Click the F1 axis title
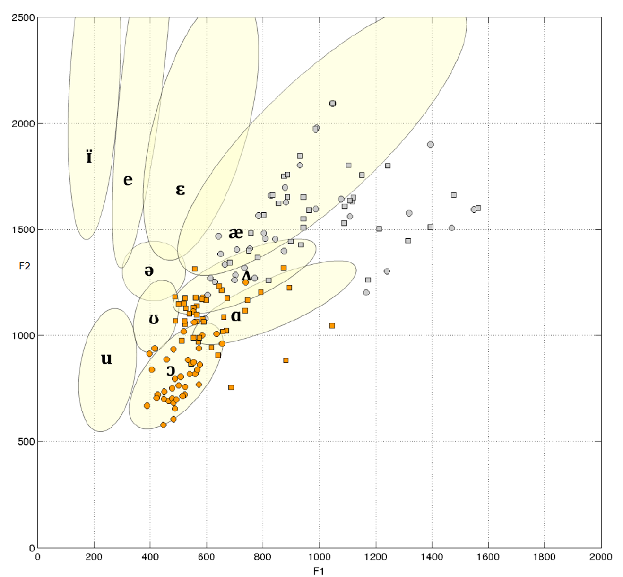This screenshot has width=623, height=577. [318, 571]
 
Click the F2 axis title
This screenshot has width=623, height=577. [25, 266]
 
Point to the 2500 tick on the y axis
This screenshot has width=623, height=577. [23, 18]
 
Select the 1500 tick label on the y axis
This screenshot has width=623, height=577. [23, 230]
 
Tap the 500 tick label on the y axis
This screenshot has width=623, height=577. [26, 442]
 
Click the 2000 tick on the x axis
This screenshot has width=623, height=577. [601, 557]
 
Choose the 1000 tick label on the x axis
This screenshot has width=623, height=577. [319, 557]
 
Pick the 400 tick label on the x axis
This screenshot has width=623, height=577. [150, 557]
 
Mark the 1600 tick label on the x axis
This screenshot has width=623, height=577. [488, 557]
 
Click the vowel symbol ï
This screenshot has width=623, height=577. [89, 157]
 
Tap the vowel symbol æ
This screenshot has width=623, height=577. [235, 233]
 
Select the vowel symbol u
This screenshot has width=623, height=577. [107, 359]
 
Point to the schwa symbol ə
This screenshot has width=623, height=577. [149, 271]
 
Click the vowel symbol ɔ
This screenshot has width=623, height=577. [171, 371]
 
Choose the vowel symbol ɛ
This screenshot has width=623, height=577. [180, 190]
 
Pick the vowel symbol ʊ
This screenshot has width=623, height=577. [154, 320]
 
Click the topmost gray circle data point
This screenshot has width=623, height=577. [333, 104]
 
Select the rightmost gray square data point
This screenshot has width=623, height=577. [478, 208]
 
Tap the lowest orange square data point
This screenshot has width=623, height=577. [231, 387]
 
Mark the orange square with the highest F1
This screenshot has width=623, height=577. [332, 326]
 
